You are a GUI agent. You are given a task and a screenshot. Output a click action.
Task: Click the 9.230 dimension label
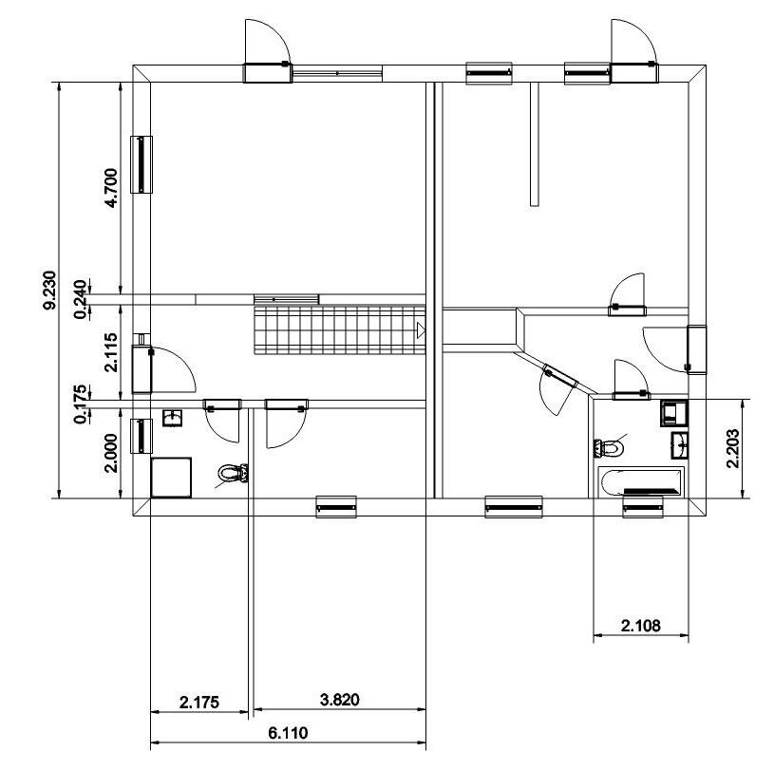pyautogui.click(x=49, y=291)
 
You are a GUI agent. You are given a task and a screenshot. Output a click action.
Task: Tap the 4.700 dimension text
pyautogui.click(x=111, y=188)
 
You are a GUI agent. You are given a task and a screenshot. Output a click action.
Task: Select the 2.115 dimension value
pyautogui.click(x=111, y=352)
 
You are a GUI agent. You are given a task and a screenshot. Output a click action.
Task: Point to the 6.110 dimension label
pyautogui.click(x=288, y=733)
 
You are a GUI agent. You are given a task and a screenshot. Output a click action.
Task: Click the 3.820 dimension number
pyautogui.click(x=340, y=700)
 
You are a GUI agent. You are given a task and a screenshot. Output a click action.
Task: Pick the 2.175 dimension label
pyautogui.click(x=198, y=702)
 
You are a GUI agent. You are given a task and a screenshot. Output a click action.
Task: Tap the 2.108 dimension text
pyautogui.click(x=640, y=626)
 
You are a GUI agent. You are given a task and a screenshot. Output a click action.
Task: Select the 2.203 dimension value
pyautogui.click(x=733, y=448)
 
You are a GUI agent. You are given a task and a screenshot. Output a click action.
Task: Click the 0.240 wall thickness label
pyautogui.click(x=81, y=300)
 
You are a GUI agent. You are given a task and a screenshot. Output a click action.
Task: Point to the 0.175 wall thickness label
pyautogui.click(x=81, y=404)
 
